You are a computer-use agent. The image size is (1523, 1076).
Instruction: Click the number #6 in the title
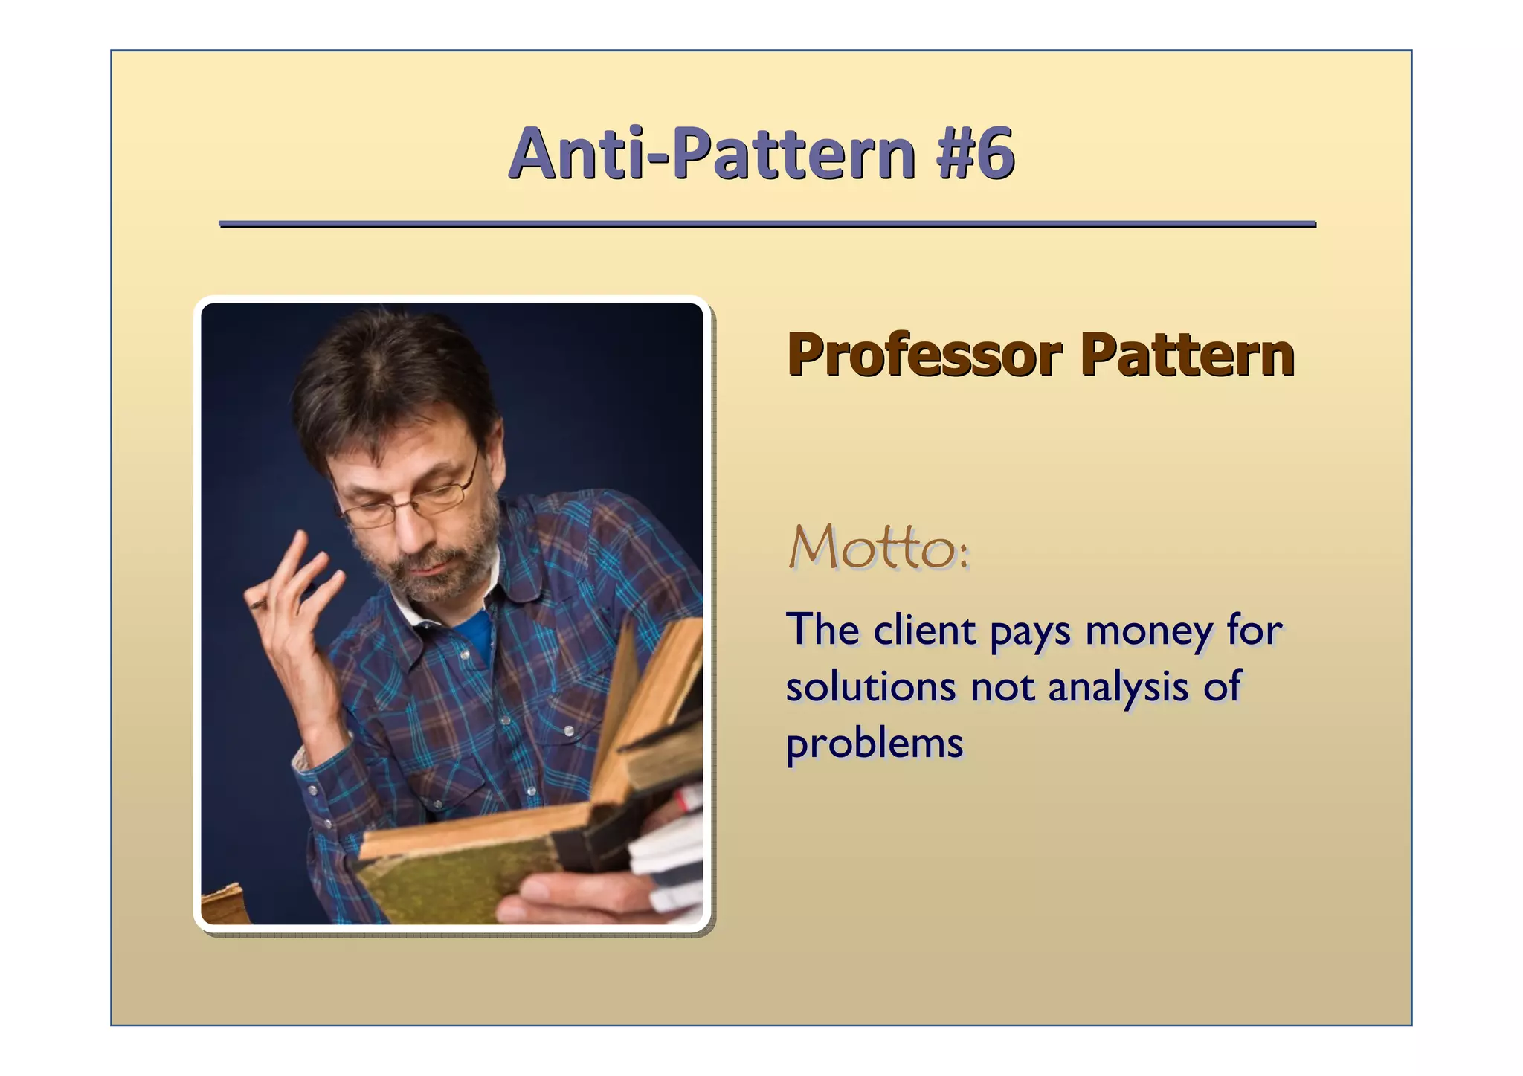976,155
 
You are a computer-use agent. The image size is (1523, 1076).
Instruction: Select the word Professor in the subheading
924,355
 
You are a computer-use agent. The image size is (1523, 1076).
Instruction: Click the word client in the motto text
924,631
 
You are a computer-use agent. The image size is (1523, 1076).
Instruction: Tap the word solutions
870,686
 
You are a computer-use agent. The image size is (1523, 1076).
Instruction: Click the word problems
875,744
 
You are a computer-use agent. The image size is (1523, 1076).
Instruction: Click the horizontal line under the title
767,223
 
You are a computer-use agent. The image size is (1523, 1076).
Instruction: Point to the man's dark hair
387,379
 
